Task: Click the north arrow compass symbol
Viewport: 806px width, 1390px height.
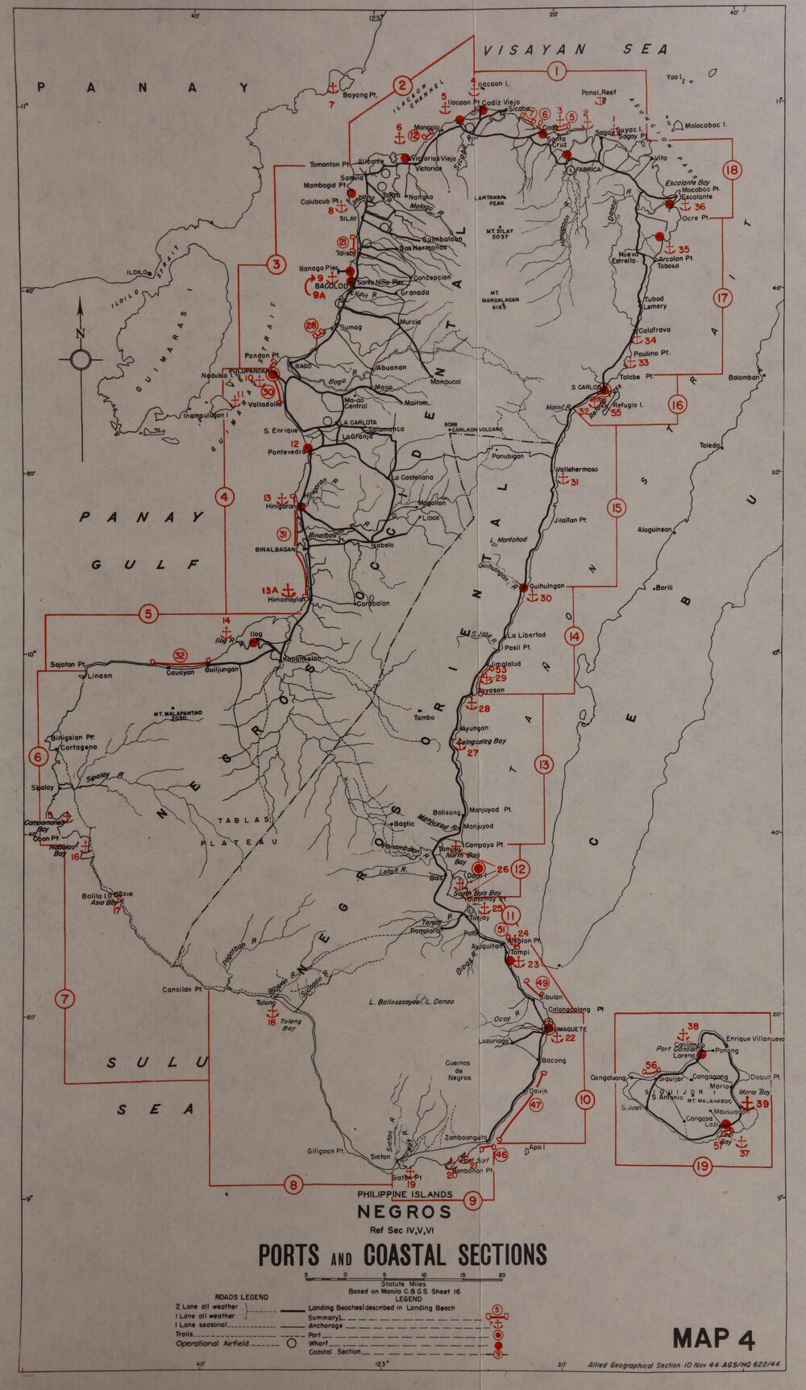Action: pos(80,359)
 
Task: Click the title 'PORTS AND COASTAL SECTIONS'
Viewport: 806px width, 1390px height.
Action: pos(402,1255)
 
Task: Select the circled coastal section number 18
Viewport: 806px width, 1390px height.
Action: pos(732,170)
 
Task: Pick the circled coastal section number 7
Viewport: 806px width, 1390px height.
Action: pos(64,999)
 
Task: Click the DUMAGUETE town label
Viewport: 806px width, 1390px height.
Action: pos(568,1030)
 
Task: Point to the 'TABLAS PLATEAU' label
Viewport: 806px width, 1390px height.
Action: pos(242,830)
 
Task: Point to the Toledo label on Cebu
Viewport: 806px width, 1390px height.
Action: pos(710,445)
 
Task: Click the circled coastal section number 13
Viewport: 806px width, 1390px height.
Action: pos(544,764)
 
